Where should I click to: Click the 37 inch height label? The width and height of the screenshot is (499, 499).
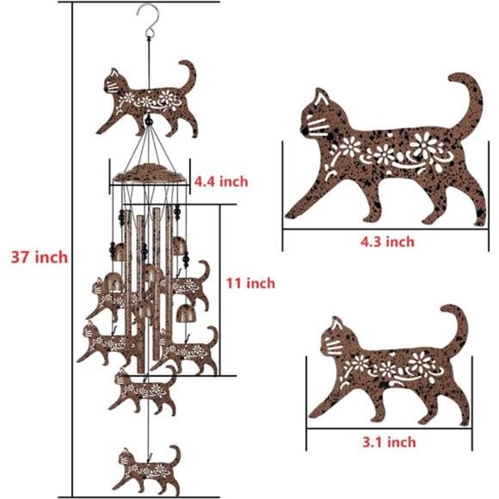(x=38, y=256)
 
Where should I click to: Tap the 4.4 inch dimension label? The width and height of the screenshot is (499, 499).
(x=220, y=181)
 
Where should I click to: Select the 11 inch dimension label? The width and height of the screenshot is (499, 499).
(x=249, y=282)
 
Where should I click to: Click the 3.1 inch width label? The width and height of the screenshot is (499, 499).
(x=387, y=441)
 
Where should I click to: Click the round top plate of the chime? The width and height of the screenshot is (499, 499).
(x=149, y=172)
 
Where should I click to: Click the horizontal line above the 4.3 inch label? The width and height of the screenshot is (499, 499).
(x=383, y=229)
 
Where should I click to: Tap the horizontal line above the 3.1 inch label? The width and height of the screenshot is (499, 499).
(x=387, y=428)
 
